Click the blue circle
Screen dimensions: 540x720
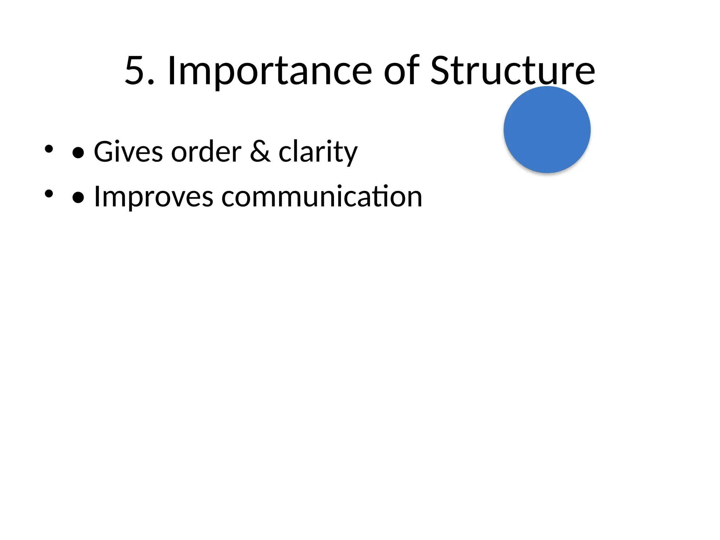click(x=547, y=130)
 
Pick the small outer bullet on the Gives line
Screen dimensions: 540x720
click(x=49, y=149)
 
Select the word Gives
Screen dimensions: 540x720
click(x=128, y=152)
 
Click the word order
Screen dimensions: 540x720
click(x=206, y=152)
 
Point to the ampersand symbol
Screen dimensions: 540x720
click(x=260, y=152)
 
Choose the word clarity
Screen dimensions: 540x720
click(x=318, y=152)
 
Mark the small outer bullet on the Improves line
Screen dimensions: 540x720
click(x=49, y=193)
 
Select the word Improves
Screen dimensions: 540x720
click(x=154, y=197)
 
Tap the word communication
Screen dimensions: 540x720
click(x=322, y=197)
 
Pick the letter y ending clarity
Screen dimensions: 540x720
click(x=350, y=155)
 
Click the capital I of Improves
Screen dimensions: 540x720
click(x=97, y=196)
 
